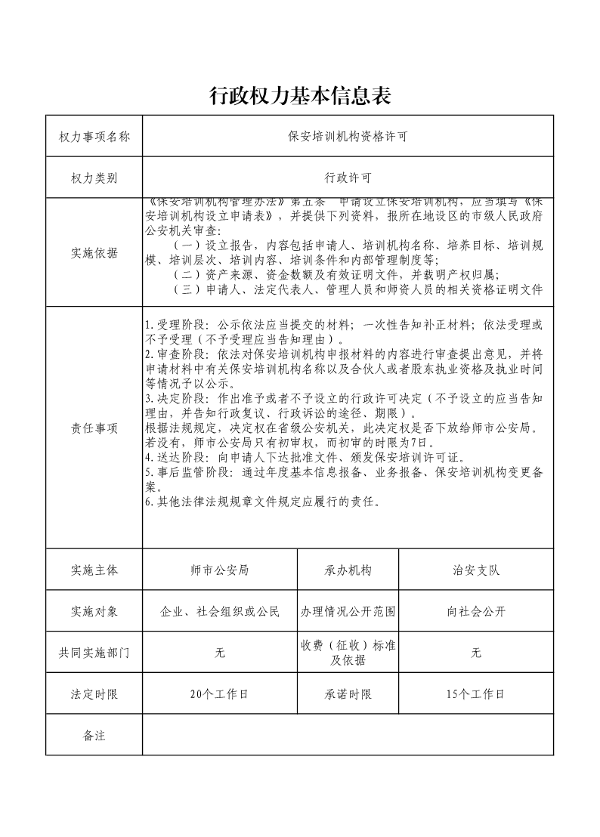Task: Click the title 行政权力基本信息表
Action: [300, 96]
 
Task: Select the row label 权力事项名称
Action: [94, 137]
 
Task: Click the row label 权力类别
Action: [94, 178]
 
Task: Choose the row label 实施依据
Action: [94, 254]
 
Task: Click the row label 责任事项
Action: [94, 428]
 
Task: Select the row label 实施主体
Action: [94, 570]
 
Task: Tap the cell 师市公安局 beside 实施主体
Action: [220, 570]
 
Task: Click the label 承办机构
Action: [348, 570]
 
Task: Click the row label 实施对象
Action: [94, 611]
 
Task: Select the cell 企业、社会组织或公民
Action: [220, 611]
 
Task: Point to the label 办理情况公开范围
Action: [348, 611]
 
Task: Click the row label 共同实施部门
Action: [94, 653]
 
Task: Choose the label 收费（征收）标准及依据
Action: [348, 653]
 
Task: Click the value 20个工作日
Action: [220, 694]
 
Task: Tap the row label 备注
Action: [94, 735]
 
